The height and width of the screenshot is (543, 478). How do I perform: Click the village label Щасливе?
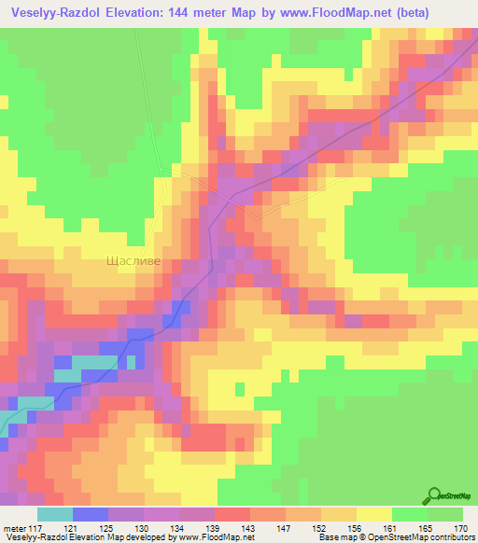coord(133,263)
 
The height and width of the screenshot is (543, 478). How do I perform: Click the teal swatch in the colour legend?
coord(55,514)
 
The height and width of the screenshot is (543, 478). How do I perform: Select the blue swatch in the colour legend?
coord(91,514)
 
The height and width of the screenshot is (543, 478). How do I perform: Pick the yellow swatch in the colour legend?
coord(373,514)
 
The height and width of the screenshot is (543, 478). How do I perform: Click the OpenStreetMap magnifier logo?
coord(435,494)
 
